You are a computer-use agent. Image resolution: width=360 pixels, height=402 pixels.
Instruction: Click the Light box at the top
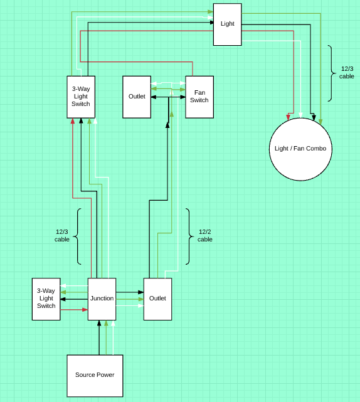pyautogui.click(x=227, y=24)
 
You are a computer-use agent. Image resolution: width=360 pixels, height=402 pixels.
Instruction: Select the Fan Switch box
pyautogui.click(x=199, y=97)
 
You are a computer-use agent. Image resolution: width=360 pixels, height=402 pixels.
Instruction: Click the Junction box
pyautogui.click(x=102, y=299)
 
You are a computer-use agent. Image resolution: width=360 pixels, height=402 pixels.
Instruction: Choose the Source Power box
pyautogui.click(x=95, y=375)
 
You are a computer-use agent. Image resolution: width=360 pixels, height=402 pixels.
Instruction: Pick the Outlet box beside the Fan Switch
pyautogui.click(x=137, y=97)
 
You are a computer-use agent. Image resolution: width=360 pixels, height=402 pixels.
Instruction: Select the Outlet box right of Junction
pyautogui.click(x=157, y=299)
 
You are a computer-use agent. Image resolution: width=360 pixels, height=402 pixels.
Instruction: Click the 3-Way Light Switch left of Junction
pyautogui.click(x=46, y=299)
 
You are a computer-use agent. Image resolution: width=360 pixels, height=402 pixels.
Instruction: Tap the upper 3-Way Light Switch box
pyautogui.click(x=81, y=97)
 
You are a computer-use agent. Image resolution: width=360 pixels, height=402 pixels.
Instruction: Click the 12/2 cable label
pyautogui.click(x=205, y=235)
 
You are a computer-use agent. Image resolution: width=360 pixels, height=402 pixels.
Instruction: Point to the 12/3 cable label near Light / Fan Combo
pyautogui.click(x=347, y=72)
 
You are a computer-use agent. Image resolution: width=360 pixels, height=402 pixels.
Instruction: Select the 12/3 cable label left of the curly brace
pyautogui.click(x=62, y=235)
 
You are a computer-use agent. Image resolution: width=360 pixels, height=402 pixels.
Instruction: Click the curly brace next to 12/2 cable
pyautogui.click(x=189, y=236)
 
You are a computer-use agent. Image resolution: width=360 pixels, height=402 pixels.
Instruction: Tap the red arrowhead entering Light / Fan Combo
pyautogui.click(x=289, y=117)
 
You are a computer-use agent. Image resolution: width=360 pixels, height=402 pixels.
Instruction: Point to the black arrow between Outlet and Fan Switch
pyautogui.click(x=168, y=97)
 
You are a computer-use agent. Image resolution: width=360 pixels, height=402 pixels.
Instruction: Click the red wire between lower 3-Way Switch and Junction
pyautogui.click(x=73, y=309)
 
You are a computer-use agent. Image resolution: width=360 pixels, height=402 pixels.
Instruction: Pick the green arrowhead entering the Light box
pyautogui.click(x=209, y=12)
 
